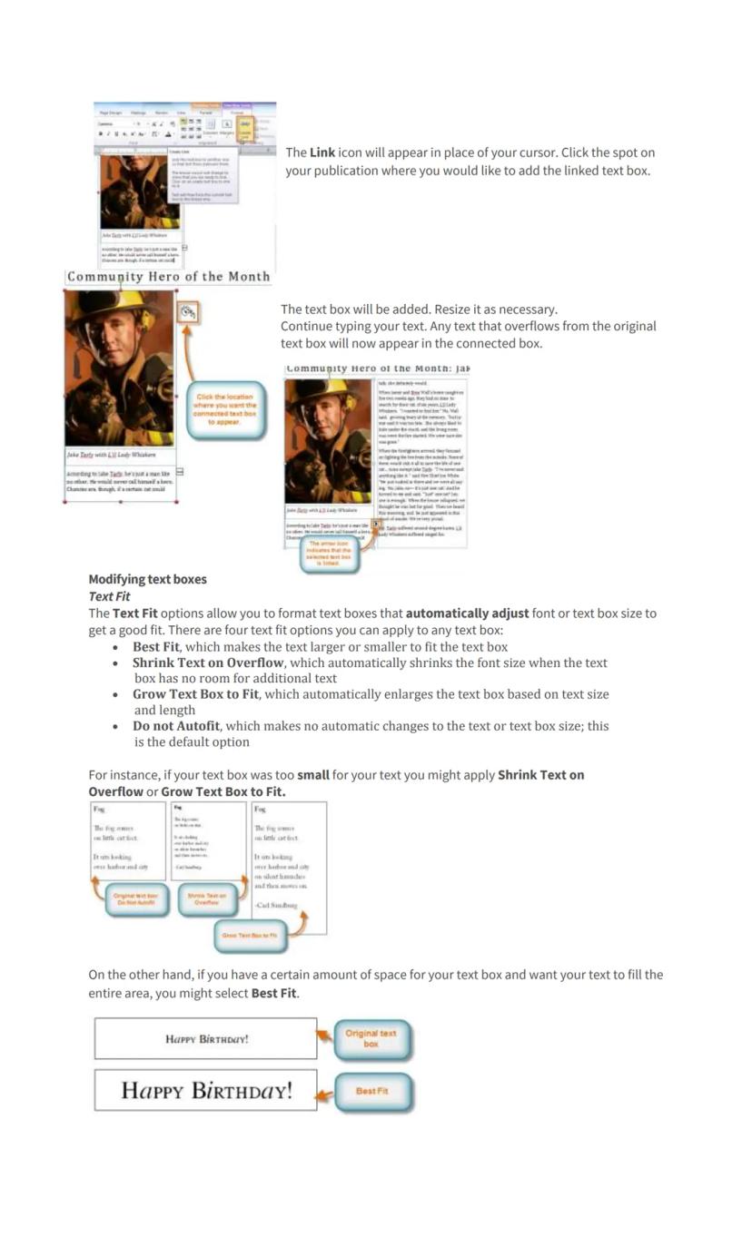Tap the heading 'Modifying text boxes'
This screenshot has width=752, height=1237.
coord(147,579)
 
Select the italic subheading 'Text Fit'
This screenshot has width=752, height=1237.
coord(109,596)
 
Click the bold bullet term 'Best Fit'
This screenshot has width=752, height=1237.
coord(156,647)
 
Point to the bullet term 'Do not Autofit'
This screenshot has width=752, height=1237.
coord(176,726)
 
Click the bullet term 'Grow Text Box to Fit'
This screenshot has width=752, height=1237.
coord(195,694)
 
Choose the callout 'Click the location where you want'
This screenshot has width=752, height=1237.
coord(225,409)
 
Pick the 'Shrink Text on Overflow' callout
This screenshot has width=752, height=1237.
coord(207,899)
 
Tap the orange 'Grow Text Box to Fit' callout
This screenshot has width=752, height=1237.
coord(250,936)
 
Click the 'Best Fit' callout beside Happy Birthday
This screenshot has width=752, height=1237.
coord(372,1092)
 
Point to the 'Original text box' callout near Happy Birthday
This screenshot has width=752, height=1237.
coord(371,1039)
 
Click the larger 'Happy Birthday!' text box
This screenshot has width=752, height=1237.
coord(206,1090)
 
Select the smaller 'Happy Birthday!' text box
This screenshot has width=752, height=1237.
coord(206,1039)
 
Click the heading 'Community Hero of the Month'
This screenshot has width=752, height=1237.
coord(168,277)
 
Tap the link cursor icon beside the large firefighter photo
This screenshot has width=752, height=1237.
coord(187,312)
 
